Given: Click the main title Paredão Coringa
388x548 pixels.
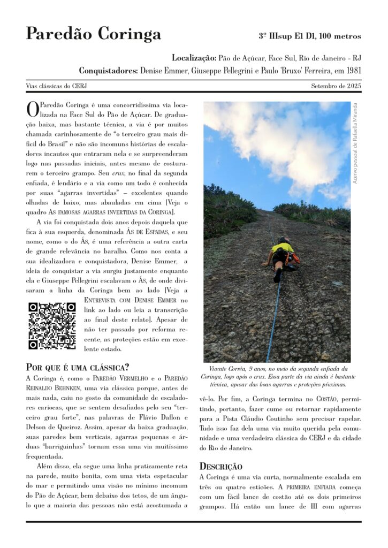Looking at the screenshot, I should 93,34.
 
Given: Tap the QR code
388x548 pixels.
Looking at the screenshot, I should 52,326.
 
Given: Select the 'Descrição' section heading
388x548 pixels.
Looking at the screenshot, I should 220,466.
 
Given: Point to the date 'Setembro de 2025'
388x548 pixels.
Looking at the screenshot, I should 336,86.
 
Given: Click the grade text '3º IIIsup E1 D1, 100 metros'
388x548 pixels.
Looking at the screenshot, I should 310,36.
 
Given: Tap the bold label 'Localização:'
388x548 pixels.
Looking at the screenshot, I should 194,57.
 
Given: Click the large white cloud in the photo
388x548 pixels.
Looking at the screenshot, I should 278,139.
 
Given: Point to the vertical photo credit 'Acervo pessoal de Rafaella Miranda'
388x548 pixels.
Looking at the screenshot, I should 355,143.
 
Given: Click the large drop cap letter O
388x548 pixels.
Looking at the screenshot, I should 32,109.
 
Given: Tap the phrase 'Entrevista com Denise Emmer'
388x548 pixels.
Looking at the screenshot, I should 136,300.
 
